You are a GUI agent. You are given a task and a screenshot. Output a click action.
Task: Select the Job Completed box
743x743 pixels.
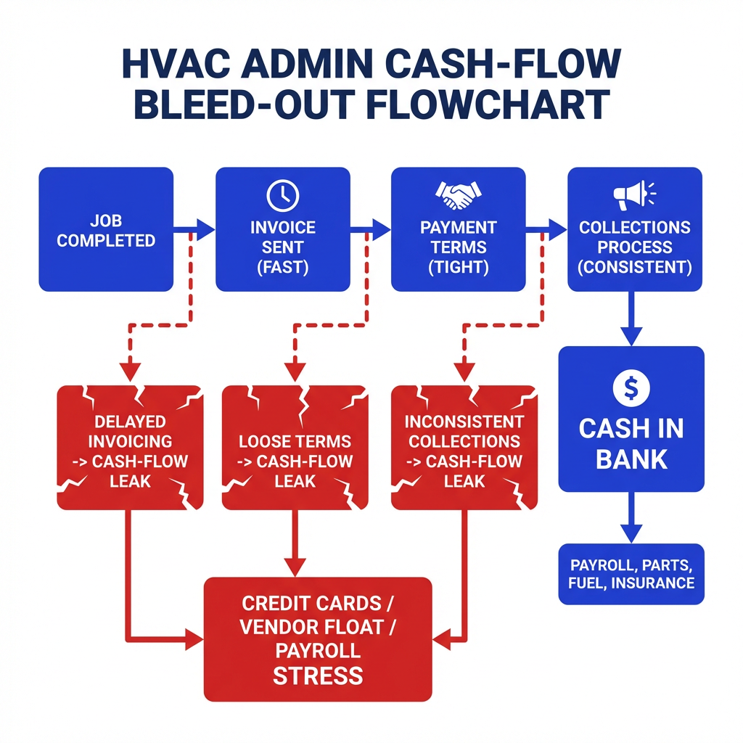pos(106,230)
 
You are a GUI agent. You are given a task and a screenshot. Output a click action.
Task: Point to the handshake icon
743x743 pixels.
pos(458,194)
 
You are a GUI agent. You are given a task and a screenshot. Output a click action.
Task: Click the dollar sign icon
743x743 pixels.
pos(631,388)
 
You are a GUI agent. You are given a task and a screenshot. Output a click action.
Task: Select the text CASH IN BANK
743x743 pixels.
pos(631,443)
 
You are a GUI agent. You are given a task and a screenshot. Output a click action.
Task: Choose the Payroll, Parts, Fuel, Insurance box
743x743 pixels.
pos(631,574)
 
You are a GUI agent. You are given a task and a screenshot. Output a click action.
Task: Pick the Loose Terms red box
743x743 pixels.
pos(295,447)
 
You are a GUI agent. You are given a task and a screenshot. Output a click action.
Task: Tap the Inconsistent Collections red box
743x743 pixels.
pos(464,447)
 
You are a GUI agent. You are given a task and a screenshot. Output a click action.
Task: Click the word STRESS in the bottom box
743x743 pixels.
pos(318,676)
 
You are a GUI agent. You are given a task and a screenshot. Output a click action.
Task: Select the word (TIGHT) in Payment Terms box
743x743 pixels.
pos(458,266)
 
